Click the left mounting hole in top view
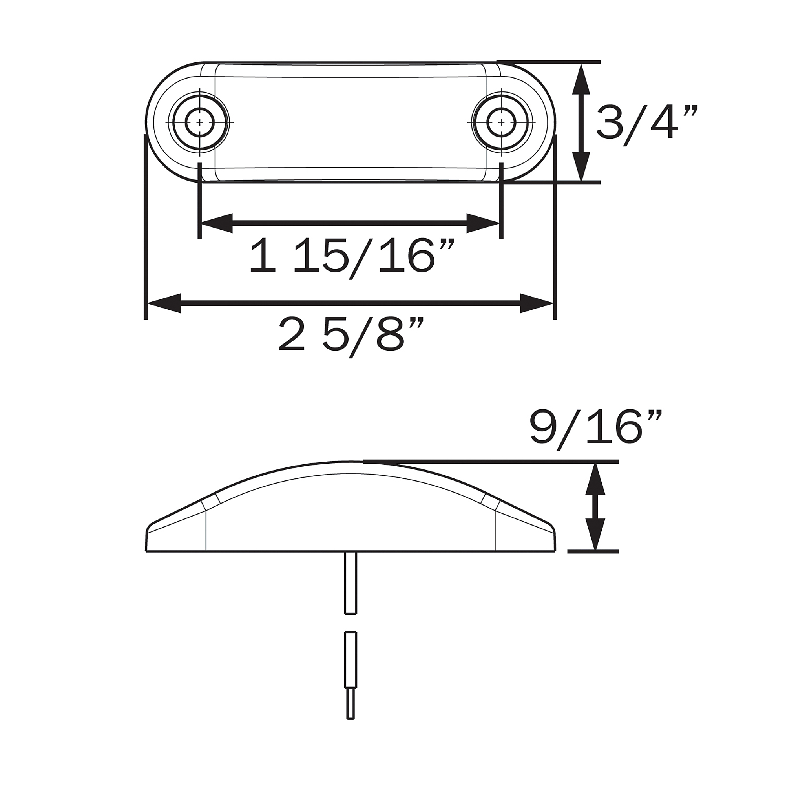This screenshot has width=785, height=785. coord(199,122)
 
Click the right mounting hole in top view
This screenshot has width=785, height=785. coord(501,122)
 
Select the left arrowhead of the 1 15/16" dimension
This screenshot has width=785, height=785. coord(217,223)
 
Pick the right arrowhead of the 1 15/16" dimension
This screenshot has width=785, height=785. coord(483,223)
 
